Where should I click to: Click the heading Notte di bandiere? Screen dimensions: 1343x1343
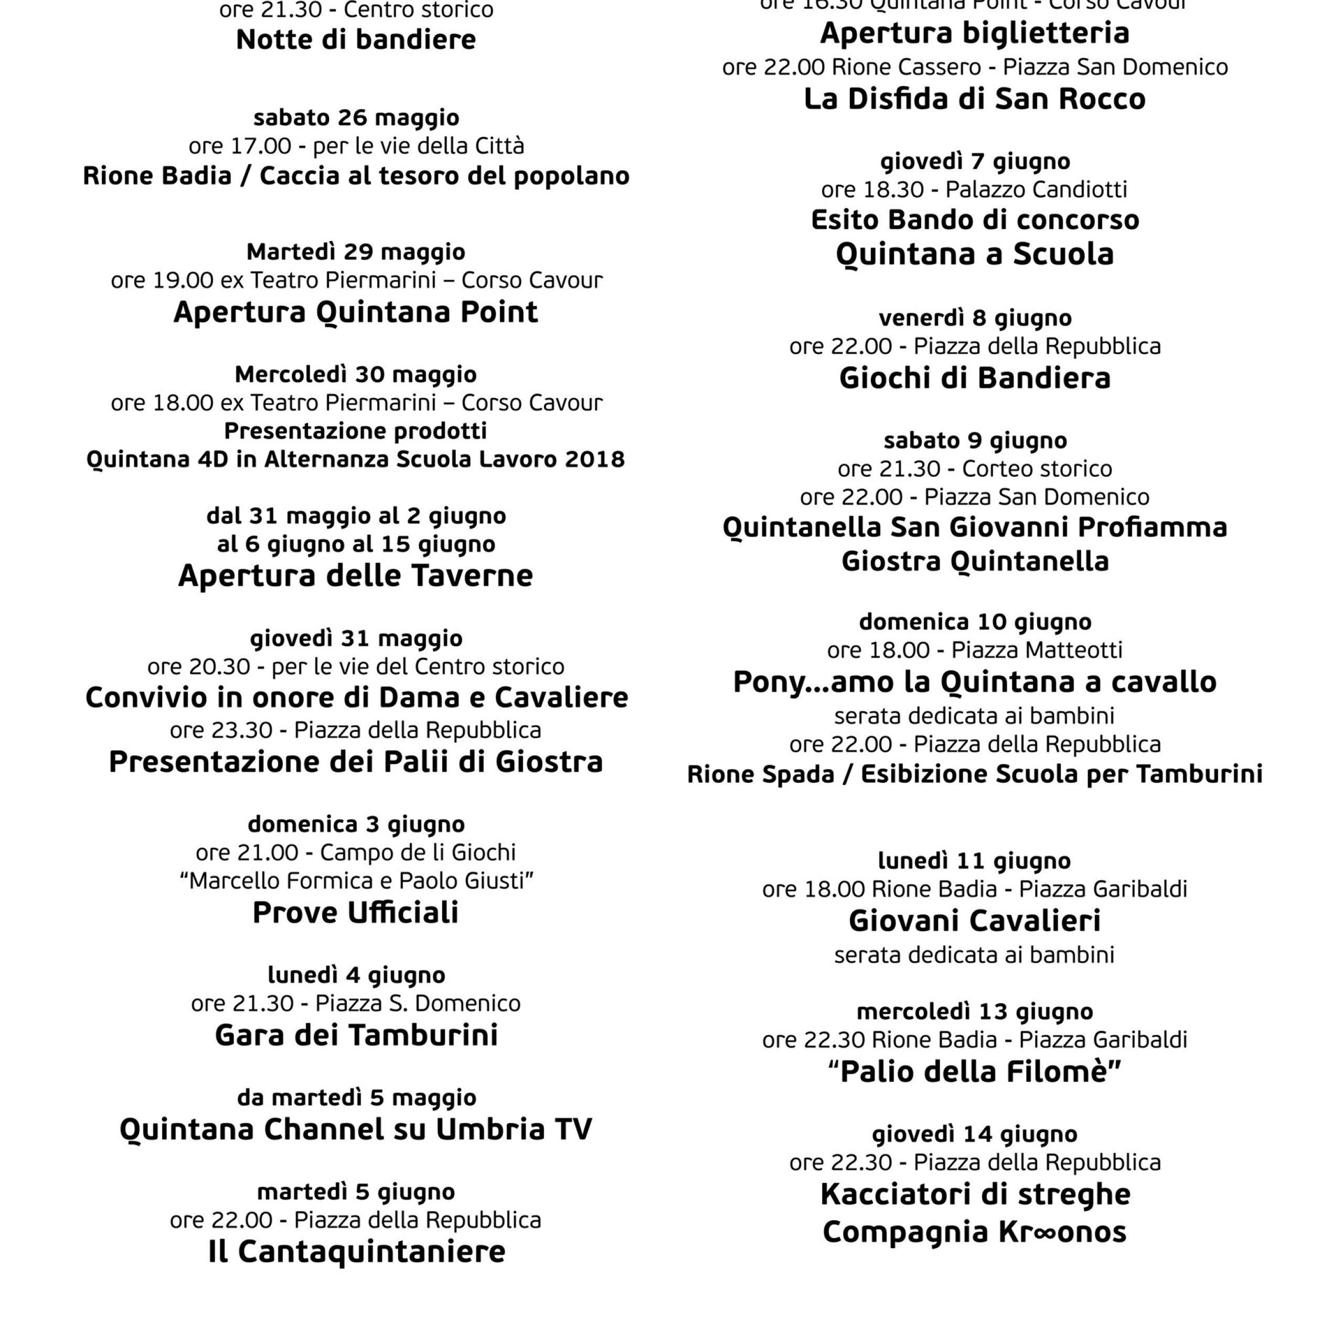pyautogui.click(x=356, y=40)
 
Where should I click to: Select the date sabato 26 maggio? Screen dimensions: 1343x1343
pyautogui.click(x=356, y=118)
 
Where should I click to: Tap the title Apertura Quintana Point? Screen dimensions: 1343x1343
pyautogui.click(x=356, y=312)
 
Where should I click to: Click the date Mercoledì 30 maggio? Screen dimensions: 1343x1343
pyautogui.click(x=356, y=374)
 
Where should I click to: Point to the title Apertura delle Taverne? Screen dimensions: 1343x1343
pyautogui.click(x=356, y=575)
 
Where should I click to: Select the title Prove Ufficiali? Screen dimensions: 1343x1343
pyautogui.click(x=356, y=913)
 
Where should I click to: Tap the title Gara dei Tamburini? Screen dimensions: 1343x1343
pyautogui.click(x=356, y=1035)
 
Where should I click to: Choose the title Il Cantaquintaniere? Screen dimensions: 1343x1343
pyautogui.click(x=356, y=1252)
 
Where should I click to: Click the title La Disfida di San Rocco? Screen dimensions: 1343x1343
pyautogui.click(x=975, y=99)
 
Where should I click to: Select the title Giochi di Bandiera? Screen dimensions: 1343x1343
pyautogui.click(x=975, y=378)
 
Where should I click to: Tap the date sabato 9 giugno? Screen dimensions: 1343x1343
pyautogui.click(x=975, y=440)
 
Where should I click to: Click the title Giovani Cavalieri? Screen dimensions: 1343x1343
pyautogui.click(x=975, y=921)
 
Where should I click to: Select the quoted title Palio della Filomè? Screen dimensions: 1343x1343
pyautogui.click(x=975, y=1072)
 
